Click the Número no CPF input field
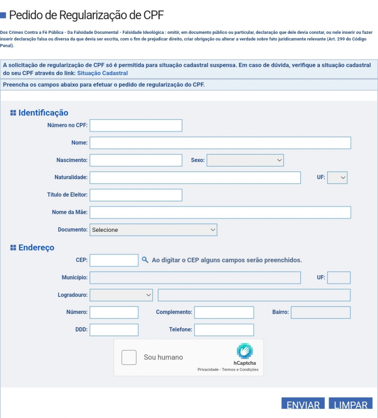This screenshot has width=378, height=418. point(136,126)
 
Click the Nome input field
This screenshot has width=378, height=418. point(220,143)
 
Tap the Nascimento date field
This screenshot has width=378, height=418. point(136,160)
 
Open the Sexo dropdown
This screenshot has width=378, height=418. point(245,160)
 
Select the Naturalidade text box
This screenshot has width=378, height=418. point(195,178)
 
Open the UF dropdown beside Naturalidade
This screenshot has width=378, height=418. point(337,178)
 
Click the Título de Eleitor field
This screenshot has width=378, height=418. point(136,195)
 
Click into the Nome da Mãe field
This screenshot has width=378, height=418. point(220,213)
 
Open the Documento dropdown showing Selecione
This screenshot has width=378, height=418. point(153,230)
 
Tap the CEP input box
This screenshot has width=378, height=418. point(114,260)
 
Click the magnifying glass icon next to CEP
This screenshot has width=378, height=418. point(145,260)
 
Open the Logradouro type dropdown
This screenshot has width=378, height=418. point(121,295)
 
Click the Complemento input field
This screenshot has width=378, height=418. point(224,313)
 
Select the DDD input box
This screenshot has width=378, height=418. point(114,330)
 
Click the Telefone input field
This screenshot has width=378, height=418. point(224,330)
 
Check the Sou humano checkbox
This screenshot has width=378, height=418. point(129,358)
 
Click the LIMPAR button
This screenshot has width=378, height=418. point(351,404)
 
